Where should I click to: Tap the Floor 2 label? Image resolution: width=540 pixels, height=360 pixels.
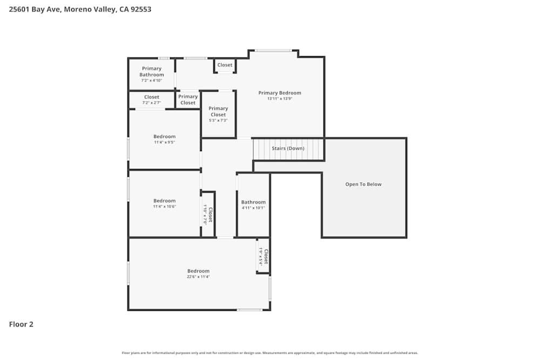[21, 324]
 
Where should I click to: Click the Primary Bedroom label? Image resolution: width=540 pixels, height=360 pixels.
[280, 93]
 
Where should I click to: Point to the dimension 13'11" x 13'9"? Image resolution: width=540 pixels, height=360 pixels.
[280, 99]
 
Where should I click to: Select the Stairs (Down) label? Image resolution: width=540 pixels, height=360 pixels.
[288, 148]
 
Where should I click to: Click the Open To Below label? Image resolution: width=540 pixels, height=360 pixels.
[363, 185]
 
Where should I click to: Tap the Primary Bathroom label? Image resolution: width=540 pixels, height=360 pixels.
[152, 72]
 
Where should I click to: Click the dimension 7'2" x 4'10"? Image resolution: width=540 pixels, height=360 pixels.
[152, 80]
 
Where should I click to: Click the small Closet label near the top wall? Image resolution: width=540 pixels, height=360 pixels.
[225, 65]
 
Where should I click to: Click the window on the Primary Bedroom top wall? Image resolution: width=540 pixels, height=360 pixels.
[273, 51]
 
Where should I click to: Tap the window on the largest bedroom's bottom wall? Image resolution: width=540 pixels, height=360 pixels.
[249, 310]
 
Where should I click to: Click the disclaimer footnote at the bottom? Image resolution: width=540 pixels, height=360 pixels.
[270, 353]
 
